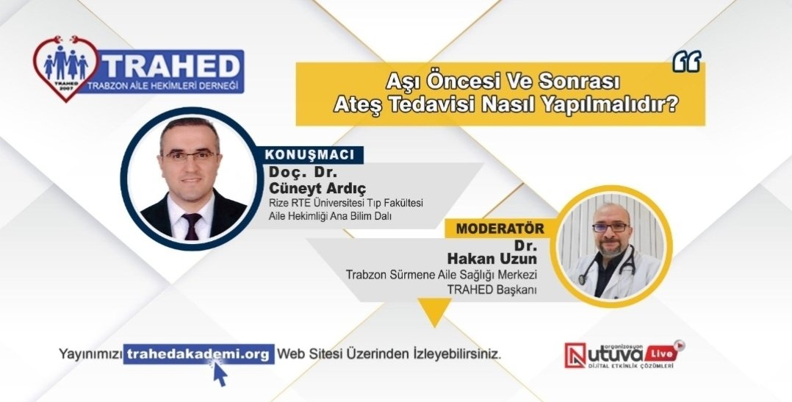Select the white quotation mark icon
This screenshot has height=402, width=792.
686,62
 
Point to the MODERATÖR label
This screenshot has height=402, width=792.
500,228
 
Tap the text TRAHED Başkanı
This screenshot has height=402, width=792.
493,289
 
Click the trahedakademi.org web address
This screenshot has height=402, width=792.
198,353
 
